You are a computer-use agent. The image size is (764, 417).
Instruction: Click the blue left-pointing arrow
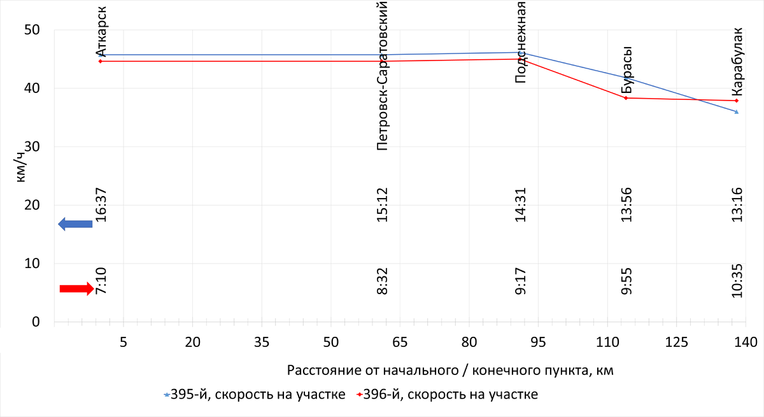click(x=75, y=223)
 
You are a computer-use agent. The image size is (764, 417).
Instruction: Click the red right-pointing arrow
click(x=76, y=288)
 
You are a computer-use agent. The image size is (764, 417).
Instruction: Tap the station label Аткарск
click(x=101, y=29)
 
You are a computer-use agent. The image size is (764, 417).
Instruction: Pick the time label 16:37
click(x=101, y=204)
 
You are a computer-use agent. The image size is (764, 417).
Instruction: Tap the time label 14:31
click(x=521, y=204)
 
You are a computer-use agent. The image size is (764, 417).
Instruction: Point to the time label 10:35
click(x=737, y=280)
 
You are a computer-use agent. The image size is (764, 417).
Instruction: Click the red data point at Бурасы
click(x=626, y=98)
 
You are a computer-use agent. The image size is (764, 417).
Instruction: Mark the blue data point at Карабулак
click(x=737, y=112)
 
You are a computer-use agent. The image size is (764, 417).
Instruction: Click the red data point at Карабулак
click(x=737, y=101)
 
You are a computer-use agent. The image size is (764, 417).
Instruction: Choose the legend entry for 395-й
click(x=255, y=395)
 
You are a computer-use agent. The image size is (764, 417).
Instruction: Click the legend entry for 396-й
click(x=448, y=395)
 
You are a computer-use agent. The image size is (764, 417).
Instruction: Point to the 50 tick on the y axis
click(x=32, y=30)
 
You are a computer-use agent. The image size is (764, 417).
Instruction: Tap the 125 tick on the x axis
click(x=677, y=342)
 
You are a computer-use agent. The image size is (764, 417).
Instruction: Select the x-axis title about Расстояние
click(x=450, y=370)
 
